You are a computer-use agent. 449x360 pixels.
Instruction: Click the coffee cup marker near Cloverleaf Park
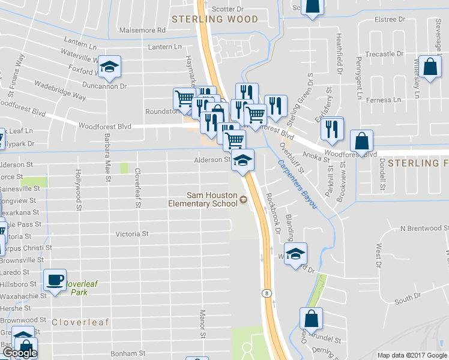pos(55,280)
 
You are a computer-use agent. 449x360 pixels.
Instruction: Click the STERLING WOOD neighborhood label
pos(215,19)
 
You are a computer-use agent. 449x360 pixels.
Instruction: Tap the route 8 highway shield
pos(265,293)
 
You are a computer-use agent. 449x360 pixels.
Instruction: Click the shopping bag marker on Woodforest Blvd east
pos(361,142)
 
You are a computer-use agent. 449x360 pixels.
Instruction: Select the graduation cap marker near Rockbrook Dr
pos(295,253)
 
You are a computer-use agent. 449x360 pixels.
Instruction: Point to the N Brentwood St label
pos(424,229)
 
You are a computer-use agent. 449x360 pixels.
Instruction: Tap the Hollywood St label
pos(78,191)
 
